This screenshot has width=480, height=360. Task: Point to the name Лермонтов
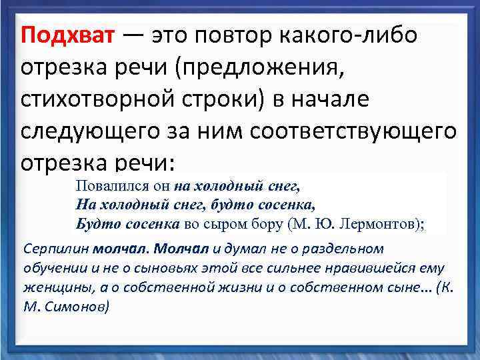pyautogui.click(x=377, y=223)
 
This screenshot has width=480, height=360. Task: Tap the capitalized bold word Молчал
pyautogui.click(x=181, y=248)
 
